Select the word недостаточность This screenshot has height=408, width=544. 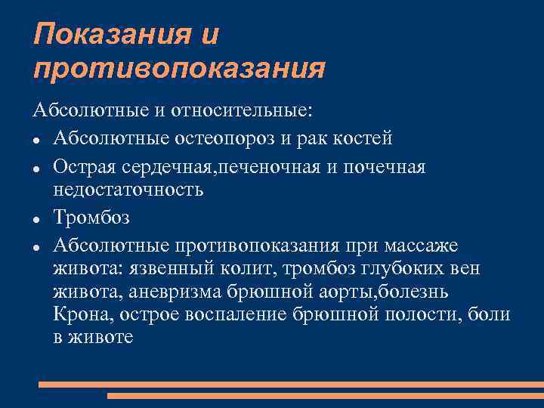tap(128, 189)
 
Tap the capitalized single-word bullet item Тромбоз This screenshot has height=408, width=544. tap(91, 218)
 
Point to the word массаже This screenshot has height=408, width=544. tap(426, 246)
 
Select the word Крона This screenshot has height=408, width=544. tap(79, 314)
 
